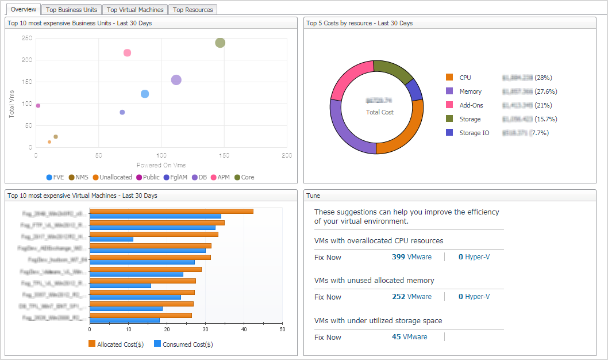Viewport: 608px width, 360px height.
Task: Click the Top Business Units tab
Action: click(72, 10)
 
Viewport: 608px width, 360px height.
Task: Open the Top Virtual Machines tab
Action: click(135, 10)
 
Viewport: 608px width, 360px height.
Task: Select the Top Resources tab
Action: click(193, 10)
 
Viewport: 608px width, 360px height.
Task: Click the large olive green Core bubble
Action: click(220, 43)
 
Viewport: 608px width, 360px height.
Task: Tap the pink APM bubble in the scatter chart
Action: click(128, 53)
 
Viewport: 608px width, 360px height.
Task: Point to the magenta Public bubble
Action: click(38, 106)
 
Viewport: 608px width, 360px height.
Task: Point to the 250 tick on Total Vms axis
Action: click(26, 38)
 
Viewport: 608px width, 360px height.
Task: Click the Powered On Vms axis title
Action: click(161, 165)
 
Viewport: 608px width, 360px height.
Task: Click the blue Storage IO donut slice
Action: click(414, 90)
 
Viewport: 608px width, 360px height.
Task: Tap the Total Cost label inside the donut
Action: click(380, 112)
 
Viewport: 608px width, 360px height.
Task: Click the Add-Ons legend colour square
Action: click(449, 105)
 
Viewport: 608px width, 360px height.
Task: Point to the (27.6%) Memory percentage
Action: click(545, 91)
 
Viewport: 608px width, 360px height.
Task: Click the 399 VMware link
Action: click(411, 257)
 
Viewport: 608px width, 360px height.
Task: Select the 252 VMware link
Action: click(411, 297)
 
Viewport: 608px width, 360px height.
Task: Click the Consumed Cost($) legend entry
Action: click(183, 344)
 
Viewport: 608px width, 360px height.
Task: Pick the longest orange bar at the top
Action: click(172, 211)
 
